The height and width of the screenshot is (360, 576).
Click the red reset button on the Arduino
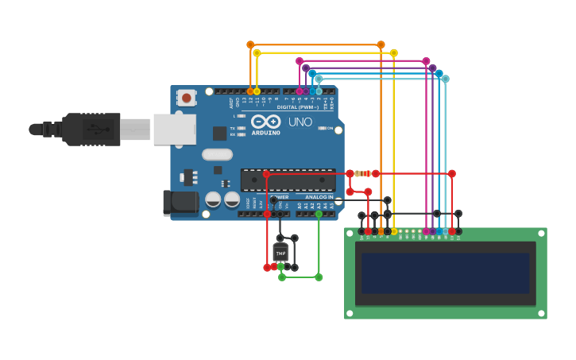(x=186, y=98)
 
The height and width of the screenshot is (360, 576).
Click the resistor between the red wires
(x=362, y=173)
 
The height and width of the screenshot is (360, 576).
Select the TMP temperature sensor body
(x=280, y=254)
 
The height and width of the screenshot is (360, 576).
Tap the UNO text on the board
(x=300, y=122)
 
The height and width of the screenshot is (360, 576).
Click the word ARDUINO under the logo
(x=265, y=133)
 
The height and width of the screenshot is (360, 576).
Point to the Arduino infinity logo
(x=265, y=122)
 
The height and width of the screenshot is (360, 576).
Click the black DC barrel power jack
(x=180, y=203)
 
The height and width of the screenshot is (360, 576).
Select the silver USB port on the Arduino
(x=174, y=129)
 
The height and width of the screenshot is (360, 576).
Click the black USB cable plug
(x=91, y=129)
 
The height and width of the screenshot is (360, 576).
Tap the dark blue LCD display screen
(x=445, y=273)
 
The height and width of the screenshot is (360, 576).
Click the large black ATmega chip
(x=288, y=180)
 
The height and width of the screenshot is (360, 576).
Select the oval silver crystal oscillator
(x=217, y=154)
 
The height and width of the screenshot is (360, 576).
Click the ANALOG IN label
(x=319, y=197)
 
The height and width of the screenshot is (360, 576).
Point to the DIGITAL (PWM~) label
(x=298, y=106)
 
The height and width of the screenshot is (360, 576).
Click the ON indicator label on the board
(x=329, y=128)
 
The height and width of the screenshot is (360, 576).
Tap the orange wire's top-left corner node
(x=250, y=45)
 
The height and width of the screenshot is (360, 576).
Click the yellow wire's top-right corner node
(x=393, y=53)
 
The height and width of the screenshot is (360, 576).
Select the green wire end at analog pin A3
(x=319, y=214)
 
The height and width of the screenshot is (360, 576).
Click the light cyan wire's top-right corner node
(x=445, y=79)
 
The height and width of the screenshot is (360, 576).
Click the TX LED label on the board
(x=232, y=128)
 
